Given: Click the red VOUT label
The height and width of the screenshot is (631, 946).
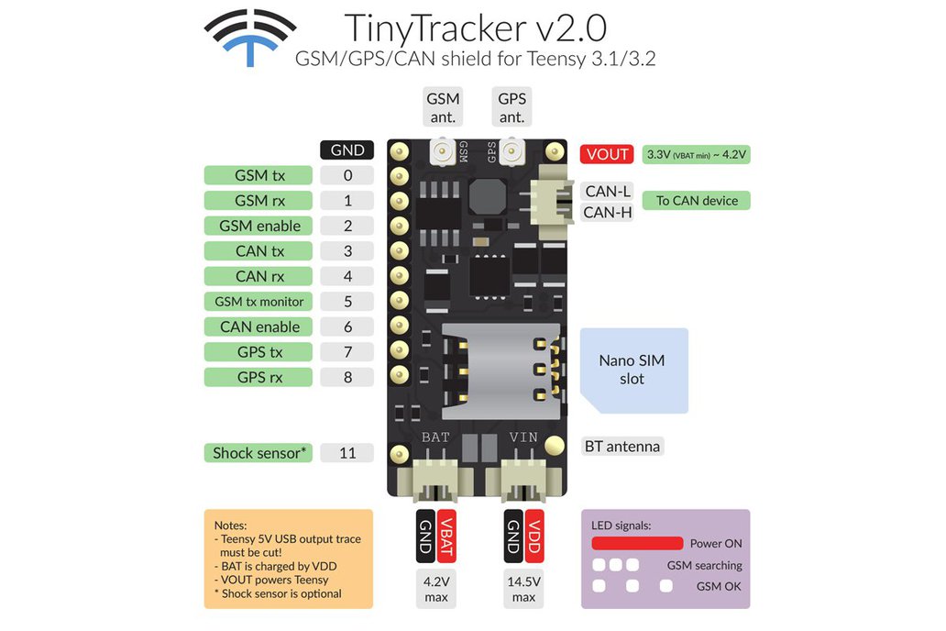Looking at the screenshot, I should pyautogui.click(x=607, y=154).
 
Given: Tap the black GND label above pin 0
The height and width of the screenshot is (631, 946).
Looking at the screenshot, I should pyautogui.click(x=347, y=150).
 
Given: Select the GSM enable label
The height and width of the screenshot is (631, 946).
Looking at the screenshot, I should pyautogui.click(x=259, y=226).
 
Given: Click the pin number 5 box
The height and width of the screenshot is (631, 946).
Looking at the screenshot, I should pyautogui.click(x=347, y=301).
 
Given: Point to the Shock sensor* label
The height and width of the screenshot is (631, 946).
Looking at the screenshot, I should pyautogui.click(x=258, y=452).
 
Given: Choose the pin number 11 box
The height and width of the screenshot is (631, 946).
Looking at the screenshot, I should pyautogui.click(x=347, y=452).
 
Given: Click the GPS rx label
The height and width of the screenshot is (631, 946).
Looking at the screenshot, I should pyautogui.click(x=259, y=377).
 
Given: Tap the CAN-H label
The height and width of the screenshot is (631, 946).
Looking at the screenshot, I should pyautogui.click(x=609, y=213).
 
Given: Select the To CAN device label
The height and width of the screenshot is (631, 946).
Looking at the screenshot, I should pyautogui.click(x=697, y=201).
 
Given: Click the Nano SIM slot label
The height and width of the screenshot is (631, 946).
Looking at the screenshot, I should pyautogui.click(x=632, y=370).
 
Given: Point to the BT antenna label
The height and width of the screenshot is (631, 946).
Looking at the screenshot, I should pyautogui.click(x=621, y=447).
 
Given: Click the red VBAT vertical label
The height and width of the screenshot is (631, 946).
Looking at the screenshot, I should pyautogui.click(x=446, y=536).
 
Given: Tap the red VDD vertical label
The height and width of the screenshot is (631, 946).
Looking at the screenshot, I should pyautogui.click(x=534, y=536).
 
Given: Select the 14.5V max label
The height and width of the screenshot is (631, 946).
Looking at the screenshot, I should pyautogui.click(x=523, y=588).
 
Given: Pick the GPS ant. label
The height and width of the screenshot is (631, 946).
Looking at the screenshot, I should pyautogui.click(x=511, y=107).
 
